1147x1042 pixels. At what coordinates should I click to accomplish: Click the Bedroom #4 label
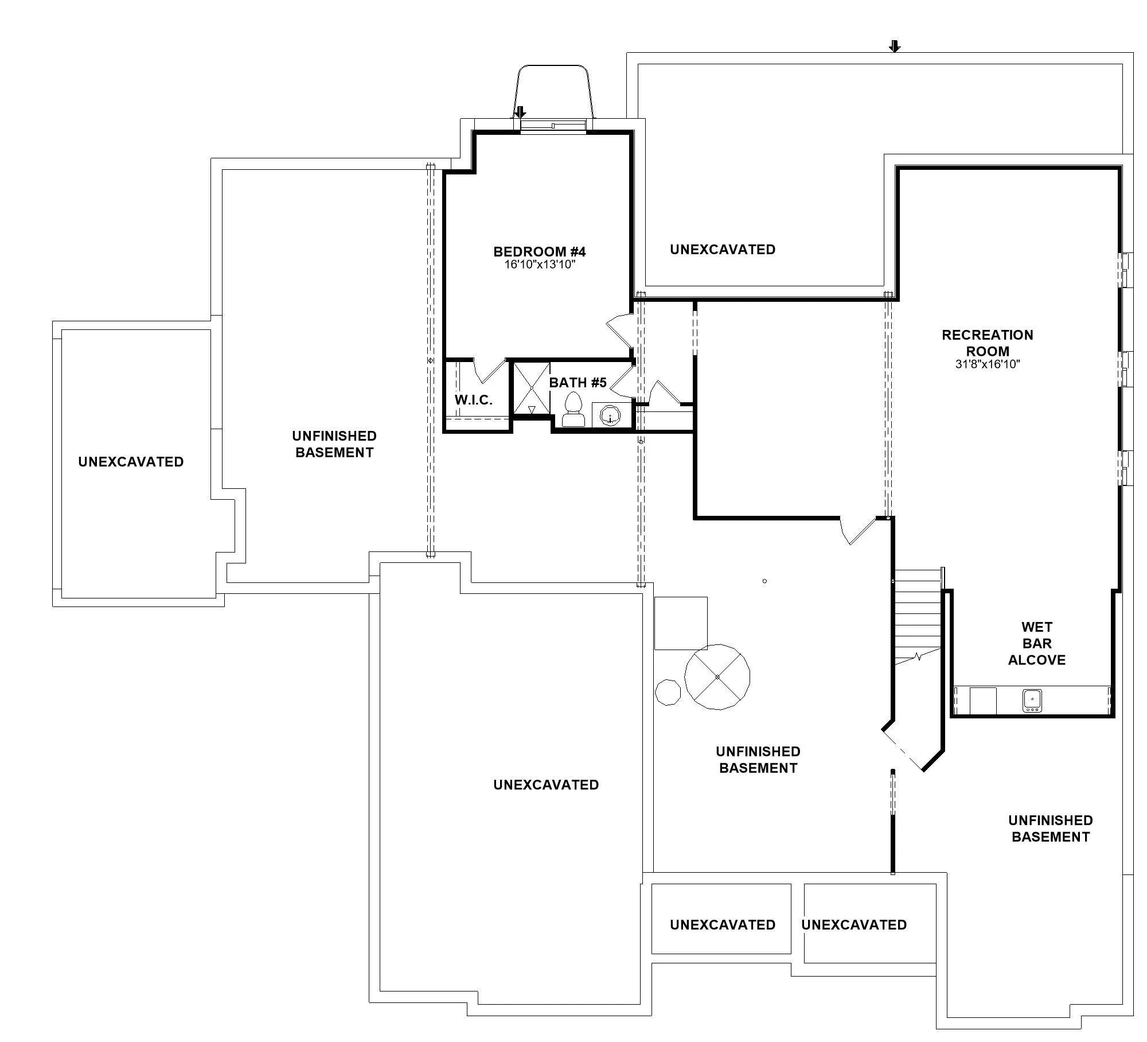(x=539, y=251)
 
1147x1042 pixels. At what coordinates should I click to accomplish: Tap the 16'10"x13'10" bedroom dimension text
(x=540, y=265)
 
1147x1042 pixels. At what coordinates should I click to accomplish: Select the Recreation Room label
(x=988, y=343)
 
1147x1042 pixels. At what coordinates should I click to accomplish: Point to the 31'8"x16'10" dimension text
(x=988, y=364)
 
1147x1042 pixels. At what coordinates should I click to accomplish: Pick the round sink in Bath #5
(x=611, y=414)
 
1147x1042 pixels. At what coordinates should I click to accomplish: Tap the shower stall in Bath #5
(x=531, y=388)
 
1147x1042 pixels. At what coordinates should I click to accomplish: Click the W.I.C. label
(x=474, y=400)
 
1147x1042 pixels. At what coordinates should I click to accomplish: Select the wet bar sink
(x=1032, y=701)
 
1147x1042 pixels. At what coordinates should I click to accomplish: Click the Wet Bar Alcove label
(x=1037, y=643)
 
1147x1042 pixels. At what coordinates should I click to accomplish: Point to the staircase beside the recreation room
(x=918, y=616)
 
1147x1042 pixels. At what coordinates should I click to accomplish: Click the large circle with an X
(x=717, y=677)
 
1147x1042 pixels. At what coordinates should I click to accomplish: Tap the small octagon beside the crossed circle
(x=668, y=692)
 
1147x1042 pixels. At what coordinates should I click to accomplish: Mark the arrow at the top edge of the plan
(x=895, y=46)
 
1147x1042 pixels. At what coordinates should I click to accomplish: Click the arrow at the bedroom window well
(x=520, y=112)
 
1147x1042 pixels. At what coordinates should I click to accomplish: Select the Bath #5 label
(x=578, y=382)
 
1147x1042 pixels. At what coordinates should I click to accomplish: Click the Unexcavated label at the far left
(x=131, y=462)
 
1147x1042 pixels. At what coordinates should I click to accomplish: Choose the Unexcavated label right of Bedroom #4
(x=723, y=250)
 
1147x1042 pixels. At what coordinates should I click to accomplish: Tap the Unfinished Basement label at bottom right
(x=1051, y=829)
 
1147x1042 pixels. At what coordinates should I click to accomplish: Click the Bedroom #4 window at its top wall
(x=553, y=126)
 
